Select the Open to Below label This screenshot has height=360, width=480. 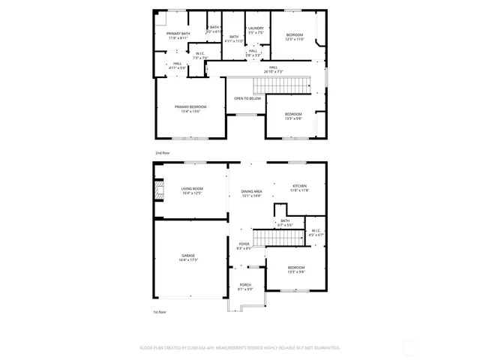coord(247,98)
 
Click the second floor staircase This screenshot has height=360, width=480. coord(281,85)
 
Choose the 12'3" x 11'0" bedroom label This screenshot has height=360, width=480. coord(294,37)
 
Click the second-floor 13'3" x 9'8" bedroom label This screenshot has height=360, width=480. coord(292,115)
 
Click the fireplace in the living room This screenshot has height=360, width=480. coord(158,191)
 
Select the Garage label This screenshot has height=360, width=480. coord(187,258)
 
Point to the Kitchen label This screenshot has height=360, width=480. coord(300,188)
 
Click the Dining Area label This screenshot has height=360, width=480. coord(251,194)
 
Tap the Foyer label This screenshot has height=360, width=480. coord(244,246)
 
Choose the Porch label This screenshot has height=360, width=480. coord(245,286)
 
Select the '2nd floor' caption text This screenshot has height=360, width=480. coord(163,153)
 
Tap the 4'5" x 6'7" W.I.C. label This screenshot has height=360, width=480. coord(316,232)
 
